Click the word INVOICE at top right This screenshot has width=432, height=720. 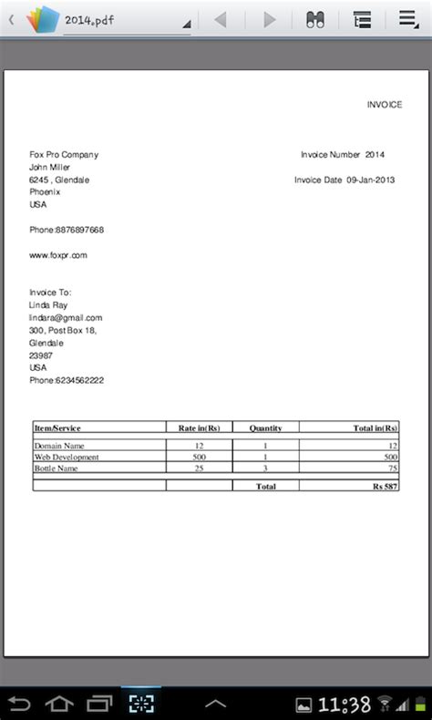[x=385, y=105]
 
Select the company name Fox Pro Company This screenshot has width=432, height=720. [x=64, y=155]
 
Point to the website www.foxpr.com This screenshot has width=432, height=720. [x=58, y=255]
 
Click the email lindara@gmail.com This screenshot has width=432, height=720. [x=66, y=317]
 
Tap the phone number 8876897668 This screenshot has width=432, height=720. [x=79, y=230]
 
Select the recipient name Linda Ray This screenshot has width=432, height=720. [x=49, y=304]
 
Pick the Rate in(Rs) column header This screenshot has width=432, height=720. [x=199, y=427]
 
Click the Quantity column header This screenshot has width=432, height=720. [x=265, y=427]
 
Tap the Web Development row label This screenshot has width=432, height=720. [x=67, y=457]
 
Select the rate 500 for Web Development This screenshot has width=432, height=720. [x=199, y=457]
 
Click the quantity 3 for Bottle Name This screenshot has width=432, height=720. [x=265, y=468]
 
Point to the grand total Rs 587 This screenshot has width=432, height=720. [x=385, y=487]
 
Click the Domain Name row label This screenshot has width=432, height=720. [x=58, y=446]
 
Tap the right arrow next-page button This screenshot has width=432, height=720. [x=269, y=19]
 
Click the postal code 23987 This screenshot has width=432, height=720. [x=41, y=355]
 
